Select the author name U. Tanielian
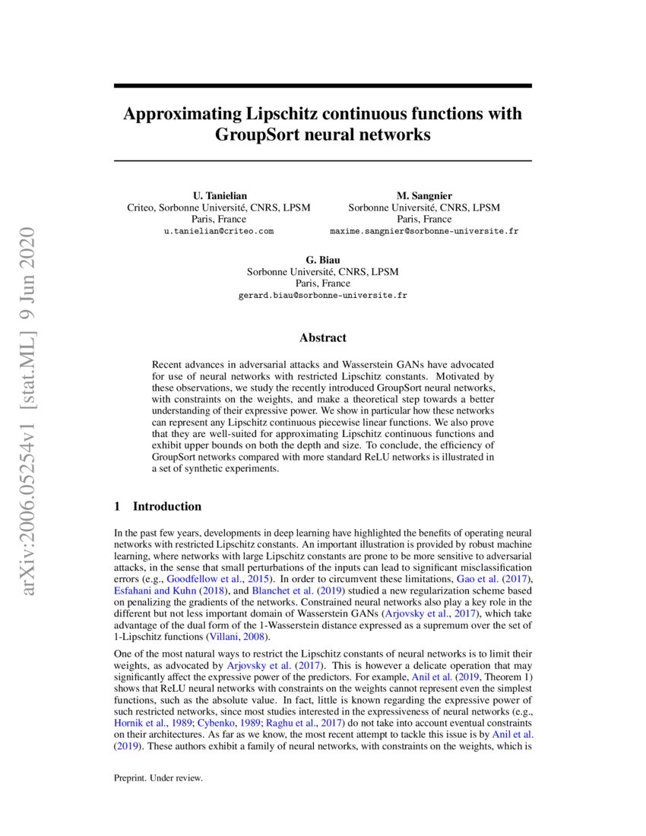[219, 196]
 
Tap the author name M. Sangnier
[424, 196]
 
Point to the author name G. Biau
[322, 260]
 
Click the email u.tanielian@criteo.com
[219, 230]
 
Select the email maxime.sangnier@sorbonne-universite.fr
[424, 230]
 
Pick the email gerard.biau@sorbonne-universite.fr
[322, 295]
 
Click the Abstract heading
[322, 337]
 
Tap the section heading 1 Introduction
[157, 506]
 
